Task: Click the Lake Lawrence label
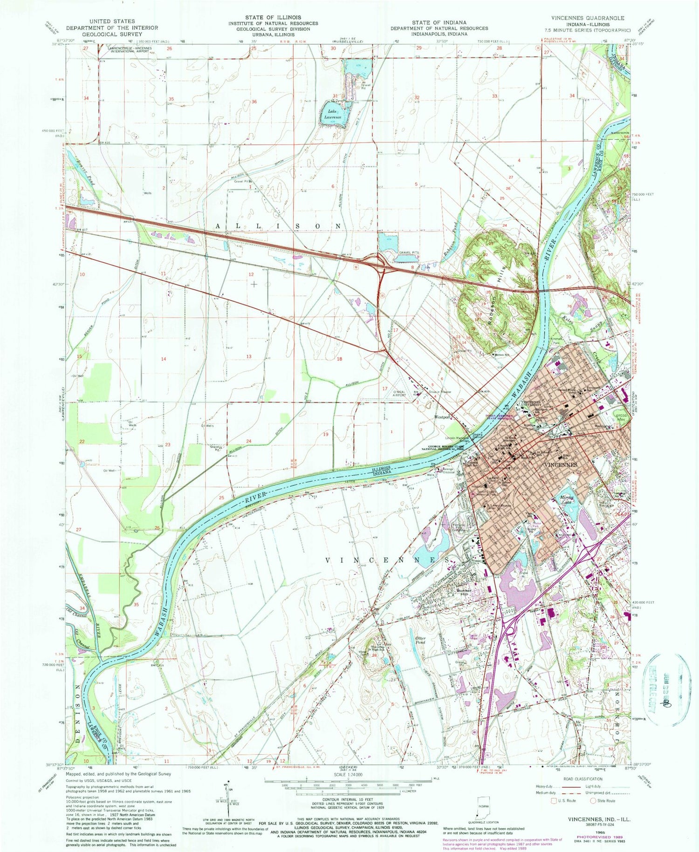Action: coord(333,114)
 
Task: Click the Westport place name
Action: coord(443,417)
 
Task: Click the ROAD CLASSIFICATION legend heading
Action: coord(582,778)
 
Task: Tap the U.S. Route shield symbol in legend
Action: coord(555,800)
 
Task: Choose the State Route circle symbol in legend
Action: coord(593,800)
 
